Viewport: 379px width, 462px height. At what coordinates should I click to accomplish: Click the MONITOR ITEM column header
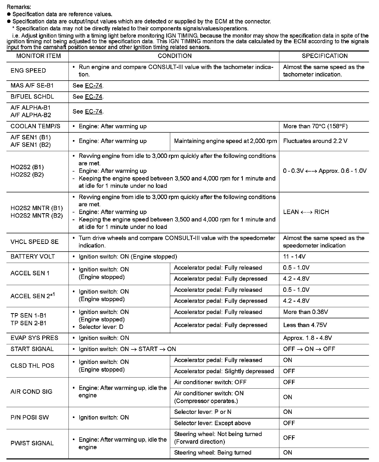pos(38,56)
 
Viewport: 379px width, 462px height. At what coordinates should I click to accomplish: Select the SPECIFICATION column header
pos(324,56)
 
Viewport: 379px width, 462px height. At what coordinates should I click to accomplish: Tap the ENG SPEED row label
pos(28,71)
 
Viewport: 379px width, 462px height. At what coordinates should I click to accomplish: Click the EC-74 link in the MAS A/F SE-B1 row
pos(93,86)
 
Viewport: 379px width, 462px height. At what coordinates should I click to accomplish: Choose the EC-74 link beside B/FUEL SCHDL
pos(93,97)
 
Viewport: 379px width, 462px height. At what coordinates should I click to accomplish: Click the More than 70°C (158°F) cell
pos(315,126)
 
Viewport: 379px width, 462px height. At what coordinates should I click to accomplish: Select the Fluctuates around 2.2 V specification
pos(315,141)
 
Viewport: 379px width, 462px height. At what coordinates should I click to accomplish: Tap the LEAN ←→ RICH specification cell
pos(306,212)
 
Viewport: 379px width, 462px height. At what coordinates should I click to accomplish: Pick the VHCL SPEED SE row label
pos(35,242)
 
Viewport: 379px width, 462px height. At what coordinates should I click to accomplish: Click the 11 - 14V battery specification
pos(294,257)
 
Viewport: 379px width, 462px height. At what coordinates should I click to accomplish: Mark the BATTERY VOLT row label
pos(33,257)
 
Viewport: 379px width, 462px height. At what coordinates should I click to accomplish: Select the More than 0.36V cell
pos(305,312)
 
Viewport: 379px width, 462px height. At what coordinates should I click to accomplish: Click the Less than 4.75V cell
pos(305,325)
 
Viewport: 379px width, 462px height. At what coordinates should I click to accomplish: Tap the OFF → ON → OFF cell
pos(309,349)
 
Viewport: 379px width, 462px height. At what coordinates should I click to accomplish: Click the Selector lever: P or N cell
pos(203,412)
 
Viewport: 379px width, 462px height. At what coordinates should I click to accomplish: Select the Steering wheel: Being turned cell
pos(212,453)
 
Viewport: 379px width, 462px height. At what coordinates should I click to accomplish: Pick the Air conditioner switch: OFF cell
pos(210,382)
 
